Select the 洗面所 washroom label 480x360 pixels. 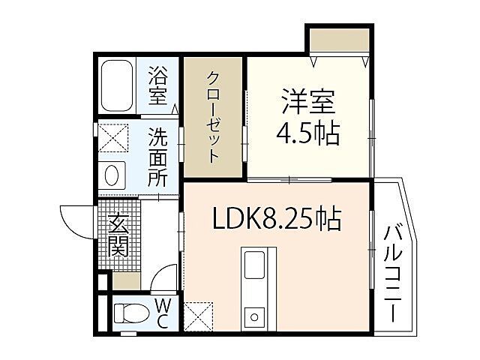tap(157, 157)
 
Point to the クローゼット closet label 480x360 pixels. tap(214, 118)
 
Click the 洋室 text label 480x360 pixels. tap(307, 101)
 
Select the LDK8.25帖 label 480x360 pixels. tap(277, 220)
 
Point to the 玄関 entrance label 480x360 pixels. tap(118, 234)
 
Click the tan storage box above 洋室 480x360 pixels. tap(338, 40)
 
